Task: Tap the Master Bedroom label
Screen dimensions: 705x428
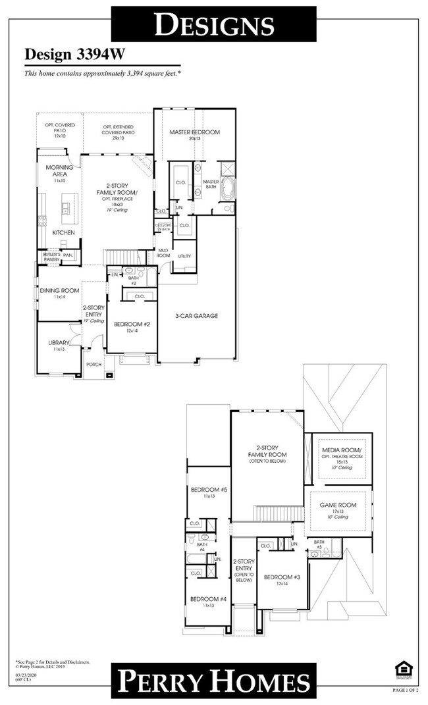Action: tap(194, 132)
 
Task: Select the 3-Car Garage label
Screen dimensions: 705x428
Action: tap(196, 316)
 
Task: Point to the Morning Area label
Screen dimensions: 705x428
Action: tap(59, 171)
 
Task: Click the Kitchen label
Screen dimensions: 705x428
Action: tap(63, 233)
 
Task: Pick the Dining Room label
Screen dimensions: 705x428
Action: tap(59, 290)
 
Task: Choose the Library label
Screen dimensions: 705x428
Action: tap(59, 343)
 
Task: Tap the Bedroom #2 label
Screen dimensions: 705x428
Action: tap(132, 324)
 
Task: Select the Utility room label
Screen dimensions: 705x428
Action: tap(184, 256)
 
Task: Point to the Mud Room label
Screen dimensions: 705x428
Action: tap(163, 253)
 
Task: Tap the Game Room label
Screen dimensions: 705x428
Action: tap(338, 505)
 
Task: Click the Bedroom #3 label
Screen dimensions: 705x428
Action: tap(282, 577)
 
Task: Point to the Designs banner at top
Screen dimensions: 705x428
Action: tap(213, 25)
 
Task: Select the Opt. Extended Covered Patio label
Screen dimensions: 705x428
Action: tap(118, 129)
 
